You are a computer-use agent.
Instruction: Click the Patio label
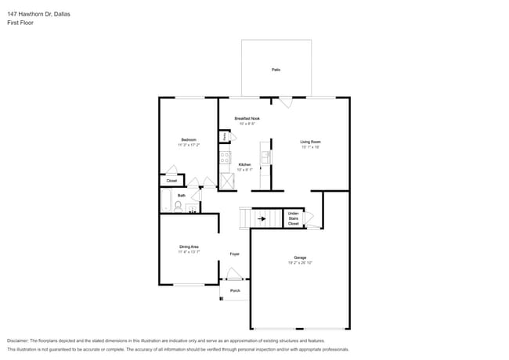tap(276, 70)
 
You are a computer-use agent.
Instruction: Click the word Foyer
tap(234, 254)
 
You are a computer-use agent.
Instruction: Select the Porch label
tap(235, 290)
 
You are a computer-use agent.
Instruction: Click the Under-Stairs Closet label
tap(294, 218)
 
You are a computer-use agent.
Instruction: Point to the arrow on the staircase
tap(262, 218)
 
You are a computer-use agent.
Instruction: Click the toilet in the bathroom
tap(179, 206)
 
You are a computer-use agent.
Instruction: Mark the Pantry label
tap(225, 136)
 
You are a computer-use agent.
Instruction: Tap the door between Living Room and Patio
tap(286, 103)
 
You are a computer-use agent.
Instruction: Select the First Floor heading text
tap(21, 23)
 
